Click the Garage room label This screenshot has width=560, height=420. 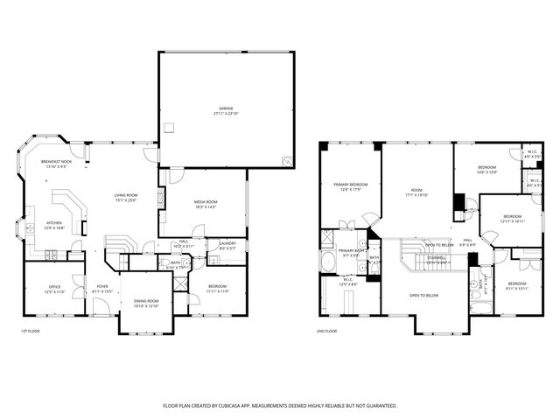(226, 109)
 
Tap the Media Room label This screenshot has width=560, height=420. (206, 202)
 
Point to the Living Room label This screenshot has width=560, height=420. (126, 195)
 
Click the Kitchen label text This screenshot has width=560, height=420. (54, 223)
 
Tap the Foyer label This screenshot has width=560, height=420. (102, 286)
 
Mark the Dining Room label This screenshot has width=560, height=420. (145, 302)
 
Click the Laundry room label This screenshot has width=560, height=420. (227, 243)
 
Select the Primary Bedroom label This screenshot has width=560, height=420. (350, 185)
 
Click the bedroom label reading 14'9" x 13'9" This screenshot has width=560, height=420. (486, 167)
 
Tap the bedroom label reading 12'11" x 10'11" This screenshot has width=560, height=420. (512, 216)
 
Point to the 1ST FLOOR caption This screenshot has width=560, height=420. (31, 332)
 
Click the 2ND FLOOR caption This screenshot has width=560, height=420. (326, 332)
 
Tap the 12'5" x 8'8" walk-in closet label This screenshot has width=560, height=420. (347, 281)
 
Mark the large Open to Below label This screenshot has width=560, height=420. (423, 296)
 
